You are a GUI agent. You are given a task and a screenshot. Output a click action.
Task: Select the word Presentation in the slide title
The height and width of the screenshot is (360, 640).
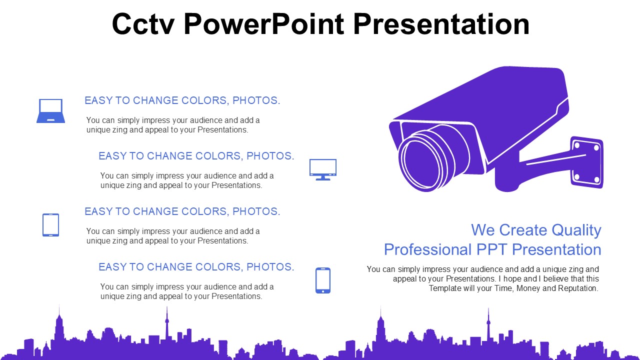point(441,24)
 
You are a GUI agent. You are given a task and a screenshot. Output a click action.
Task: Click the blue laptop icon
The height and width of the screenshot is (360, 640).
point(50,110)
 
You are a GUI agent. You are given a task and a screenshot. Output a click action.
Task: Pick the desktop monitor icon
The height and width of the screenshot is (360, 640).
point(323,169)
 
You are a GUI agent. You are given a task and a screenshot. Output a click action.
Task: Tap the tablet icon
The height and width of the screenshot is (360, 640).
point(50,225)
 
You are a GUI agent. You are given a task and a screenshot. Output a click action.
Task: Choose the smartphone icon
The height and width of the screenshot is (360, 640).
point(323,280)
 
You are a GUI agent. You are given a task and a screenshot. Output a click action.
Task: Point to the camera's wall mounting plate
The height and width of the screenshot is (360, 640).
point(587,162)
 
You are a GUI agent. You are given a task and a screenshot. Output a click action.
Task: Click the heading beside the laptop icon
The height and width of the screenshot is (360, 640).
point(182,100)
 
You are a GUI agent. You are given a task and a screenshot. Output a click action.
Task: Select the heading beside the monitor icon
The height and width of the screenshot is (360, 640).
point(196,156)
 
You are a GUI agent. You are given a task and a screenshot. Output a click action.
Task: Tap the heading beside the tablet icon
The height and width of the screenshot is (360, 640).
point(182,211)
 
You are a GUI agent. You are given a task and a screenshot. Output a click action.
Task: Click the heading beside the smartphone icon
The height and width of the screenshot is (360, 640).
point(196,267)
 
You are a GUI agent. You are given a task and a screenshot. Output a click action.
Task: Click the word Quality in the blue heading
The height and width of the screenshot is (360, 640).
point(576,230)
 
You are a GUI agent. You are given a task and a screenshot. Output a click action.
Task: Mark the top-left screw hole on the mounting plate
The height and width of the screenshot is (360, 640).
point(576,145)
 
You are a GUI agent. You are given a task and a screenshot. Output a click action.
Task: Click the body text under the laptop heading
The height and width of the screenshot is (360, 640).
point(172,125)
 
